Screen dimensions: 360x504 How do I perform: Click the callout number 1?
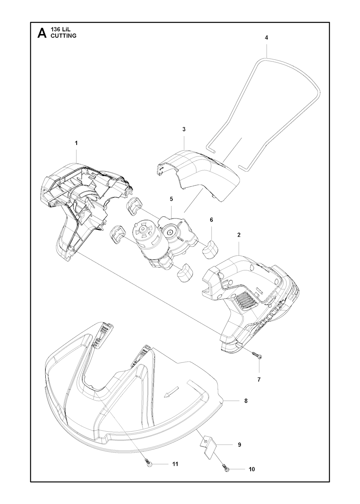pos(76,143)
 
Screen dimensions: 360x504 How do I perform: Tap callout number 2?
pos(239,235)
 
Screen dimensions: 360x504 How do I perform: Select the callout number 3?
pos(184,129)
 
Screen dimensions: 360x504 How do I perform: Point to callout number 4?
pos(266,38)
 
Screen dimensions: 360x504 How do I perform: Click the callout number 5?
pos(172,199)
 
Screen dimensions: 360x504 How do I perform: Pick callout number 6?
pos(211,220)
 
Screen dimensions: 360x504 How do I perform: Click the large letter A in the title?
pos(42,33)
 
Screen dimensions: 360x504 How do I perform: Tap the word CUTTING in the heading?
pos(64,36)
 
